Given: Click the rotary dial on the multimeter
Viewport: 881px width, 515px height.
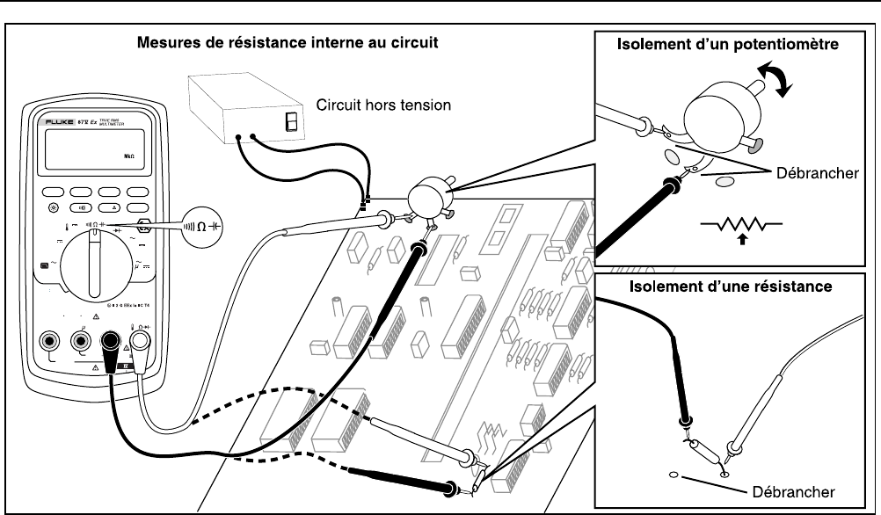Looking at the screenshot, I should pos(92,260).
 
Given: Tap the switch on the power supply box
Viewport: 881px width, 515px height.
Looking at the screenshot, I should pos(288,121).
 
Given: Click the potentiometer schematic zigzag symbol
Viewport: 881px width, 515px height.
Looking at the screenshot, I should pos(735,228).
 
